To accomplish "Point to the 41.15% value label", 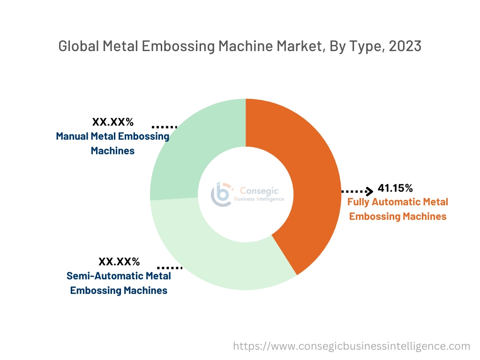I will click(395, 188).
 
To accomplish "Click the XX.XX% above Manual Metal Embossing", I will click(113, 122).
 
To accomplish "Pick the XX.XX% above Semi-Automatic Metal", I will click(119, 262).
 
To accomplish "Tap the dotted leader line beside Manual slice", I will click(165, 127).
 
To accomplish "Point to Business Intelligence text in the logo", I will click(259, 199).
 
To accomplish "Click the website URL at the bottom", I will click(352, 346).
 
